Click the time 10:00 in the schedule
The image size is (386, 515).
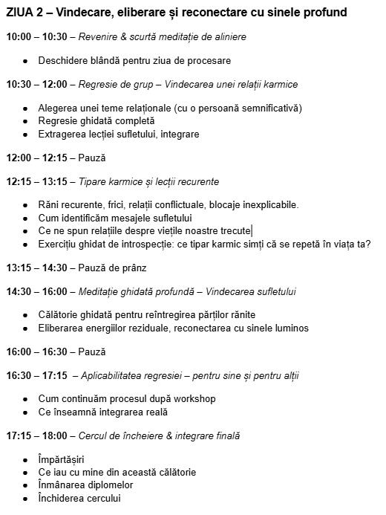(x=19, y=36)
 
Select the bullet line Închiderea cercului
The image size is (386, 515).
(x=79, y=499)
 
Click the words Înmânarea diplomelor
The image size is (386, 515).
(x=86, y=485)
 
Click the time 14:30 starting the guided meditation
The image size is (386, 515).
(x=19, y=291)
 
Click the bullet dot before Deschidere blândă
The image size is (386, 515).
(x=26, y=60)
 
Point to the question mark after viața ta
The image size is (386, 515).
(x=368, y=244)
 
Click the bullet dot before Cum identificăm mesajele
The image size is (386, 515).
(x=26, y=218)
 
